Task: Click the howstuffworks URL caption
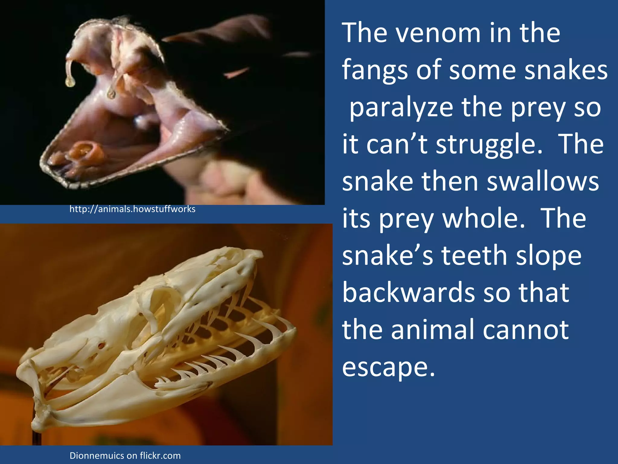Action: (132, 209)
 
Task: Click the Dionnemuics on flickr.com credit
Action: (125, 456)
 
